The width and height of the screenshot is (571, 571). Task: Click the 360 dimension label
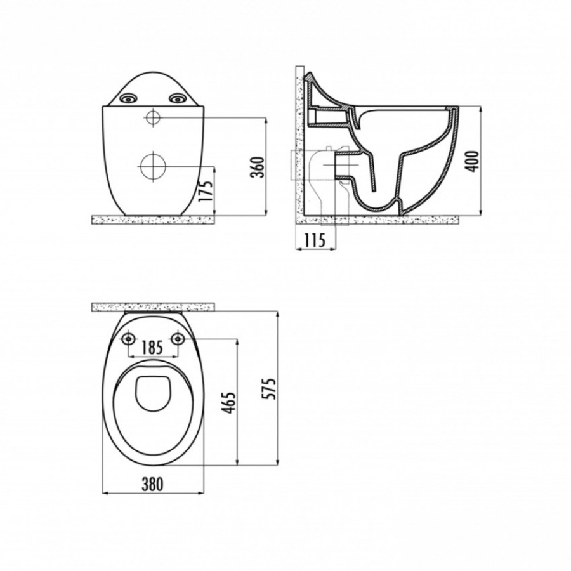coord(258,167)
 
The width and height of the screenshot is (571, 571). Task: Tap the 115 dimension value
coord(315,240)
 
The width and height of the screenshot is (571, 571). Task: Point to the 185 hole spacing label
coord(152,348)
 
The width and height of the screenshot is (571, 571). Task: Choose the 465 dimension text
coord(229,403)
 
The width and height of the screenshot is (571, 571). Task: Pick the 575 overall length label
coord(270,389)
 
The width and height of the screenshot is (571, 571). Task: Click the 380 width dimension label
coord(152,484)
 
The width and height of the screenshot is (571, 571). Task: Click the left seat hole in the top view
coord(128,339)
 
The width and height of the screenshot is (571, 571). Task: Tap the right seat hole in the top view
coord(178,339)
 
